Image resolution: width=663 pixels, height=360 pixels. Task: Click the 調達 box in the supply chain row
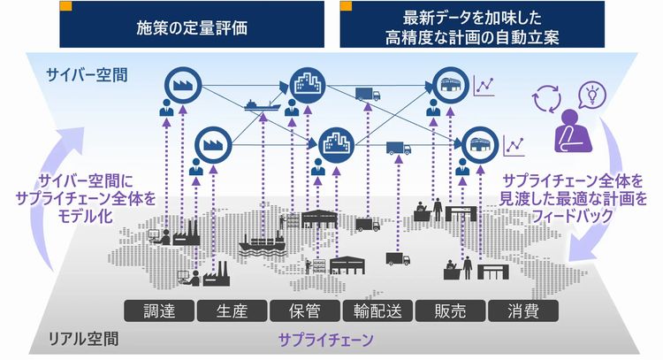[159, 311]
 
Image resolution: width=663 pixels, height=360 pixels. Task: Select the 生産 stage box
[232, 311]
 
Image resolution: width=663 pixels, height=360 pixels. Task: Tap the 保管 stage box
[304, 311]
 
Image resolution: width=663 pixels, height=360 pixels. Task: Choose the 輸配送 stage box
[377, 311]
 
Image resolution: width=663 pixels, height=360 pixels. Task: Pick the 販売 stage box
[450, 311]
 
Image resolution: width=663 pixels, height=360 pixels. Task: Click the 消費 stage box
[523, 311]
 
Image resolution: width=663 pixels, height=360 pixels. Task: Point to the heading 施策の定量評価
[192, 28]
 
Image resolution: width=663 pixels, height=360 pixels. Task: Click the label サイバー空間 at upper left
[87, 75]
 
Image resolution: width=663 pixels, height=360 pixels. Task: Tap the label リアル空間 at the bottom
[83, 339]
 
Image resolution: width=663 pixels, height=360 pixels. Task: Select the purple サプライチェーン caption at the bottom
[326, 340]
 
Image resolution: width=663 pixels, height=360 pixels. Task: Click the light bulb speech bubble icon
[592, 96]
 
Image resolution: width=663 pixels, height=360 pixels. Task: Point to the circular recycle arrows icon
[546, 99]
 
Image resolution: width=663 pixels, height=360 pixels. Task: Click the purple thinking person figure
[572, 131]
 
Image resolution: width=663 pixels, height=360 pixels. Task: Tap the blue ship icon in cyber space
[263, 105]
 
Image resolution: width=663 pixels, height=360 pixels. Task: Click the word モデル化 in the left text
[85, 216]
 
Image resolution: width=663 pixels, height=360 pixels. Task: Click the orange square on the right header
[346, 6]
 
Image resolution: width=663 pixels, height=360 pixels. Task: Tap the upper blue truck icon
[368, 94]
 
